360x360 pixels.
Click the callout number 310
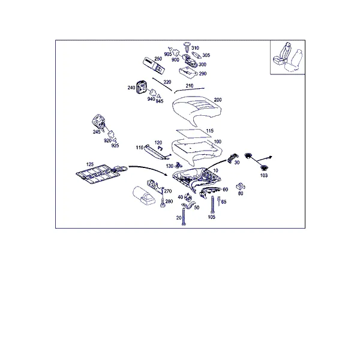click(195, 48)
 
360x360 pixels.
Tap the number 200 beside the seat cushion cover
click(218, 100)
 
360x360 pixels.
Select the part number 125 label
click(90, 164)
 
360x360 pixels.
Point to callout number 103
click(264, 175)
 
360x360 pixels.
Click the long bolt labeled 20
click(184, 217)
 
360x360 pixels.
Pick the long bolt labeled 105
click(212, 205)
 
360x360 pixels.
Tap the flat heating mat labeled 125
click(98, 174)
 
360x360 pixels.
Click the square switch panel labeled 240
click(141, 87)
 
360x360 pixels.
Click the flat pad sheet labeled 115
click(194, 133)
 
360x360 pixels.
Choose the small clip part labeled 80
click(241, 187)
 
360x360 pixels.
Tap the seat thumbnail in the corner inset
click(287, 57)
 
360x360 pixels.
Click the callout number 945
click(160, 101)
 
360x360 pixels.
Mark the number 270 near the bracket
click(168, 191)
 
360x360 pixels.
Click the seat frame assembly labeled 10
click(196, 178)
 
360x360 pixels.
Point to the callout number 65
click(224, 202)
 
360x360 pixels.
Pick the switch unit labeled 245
click(99, 121)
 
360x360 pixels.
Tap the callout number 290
click(203, 74)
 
